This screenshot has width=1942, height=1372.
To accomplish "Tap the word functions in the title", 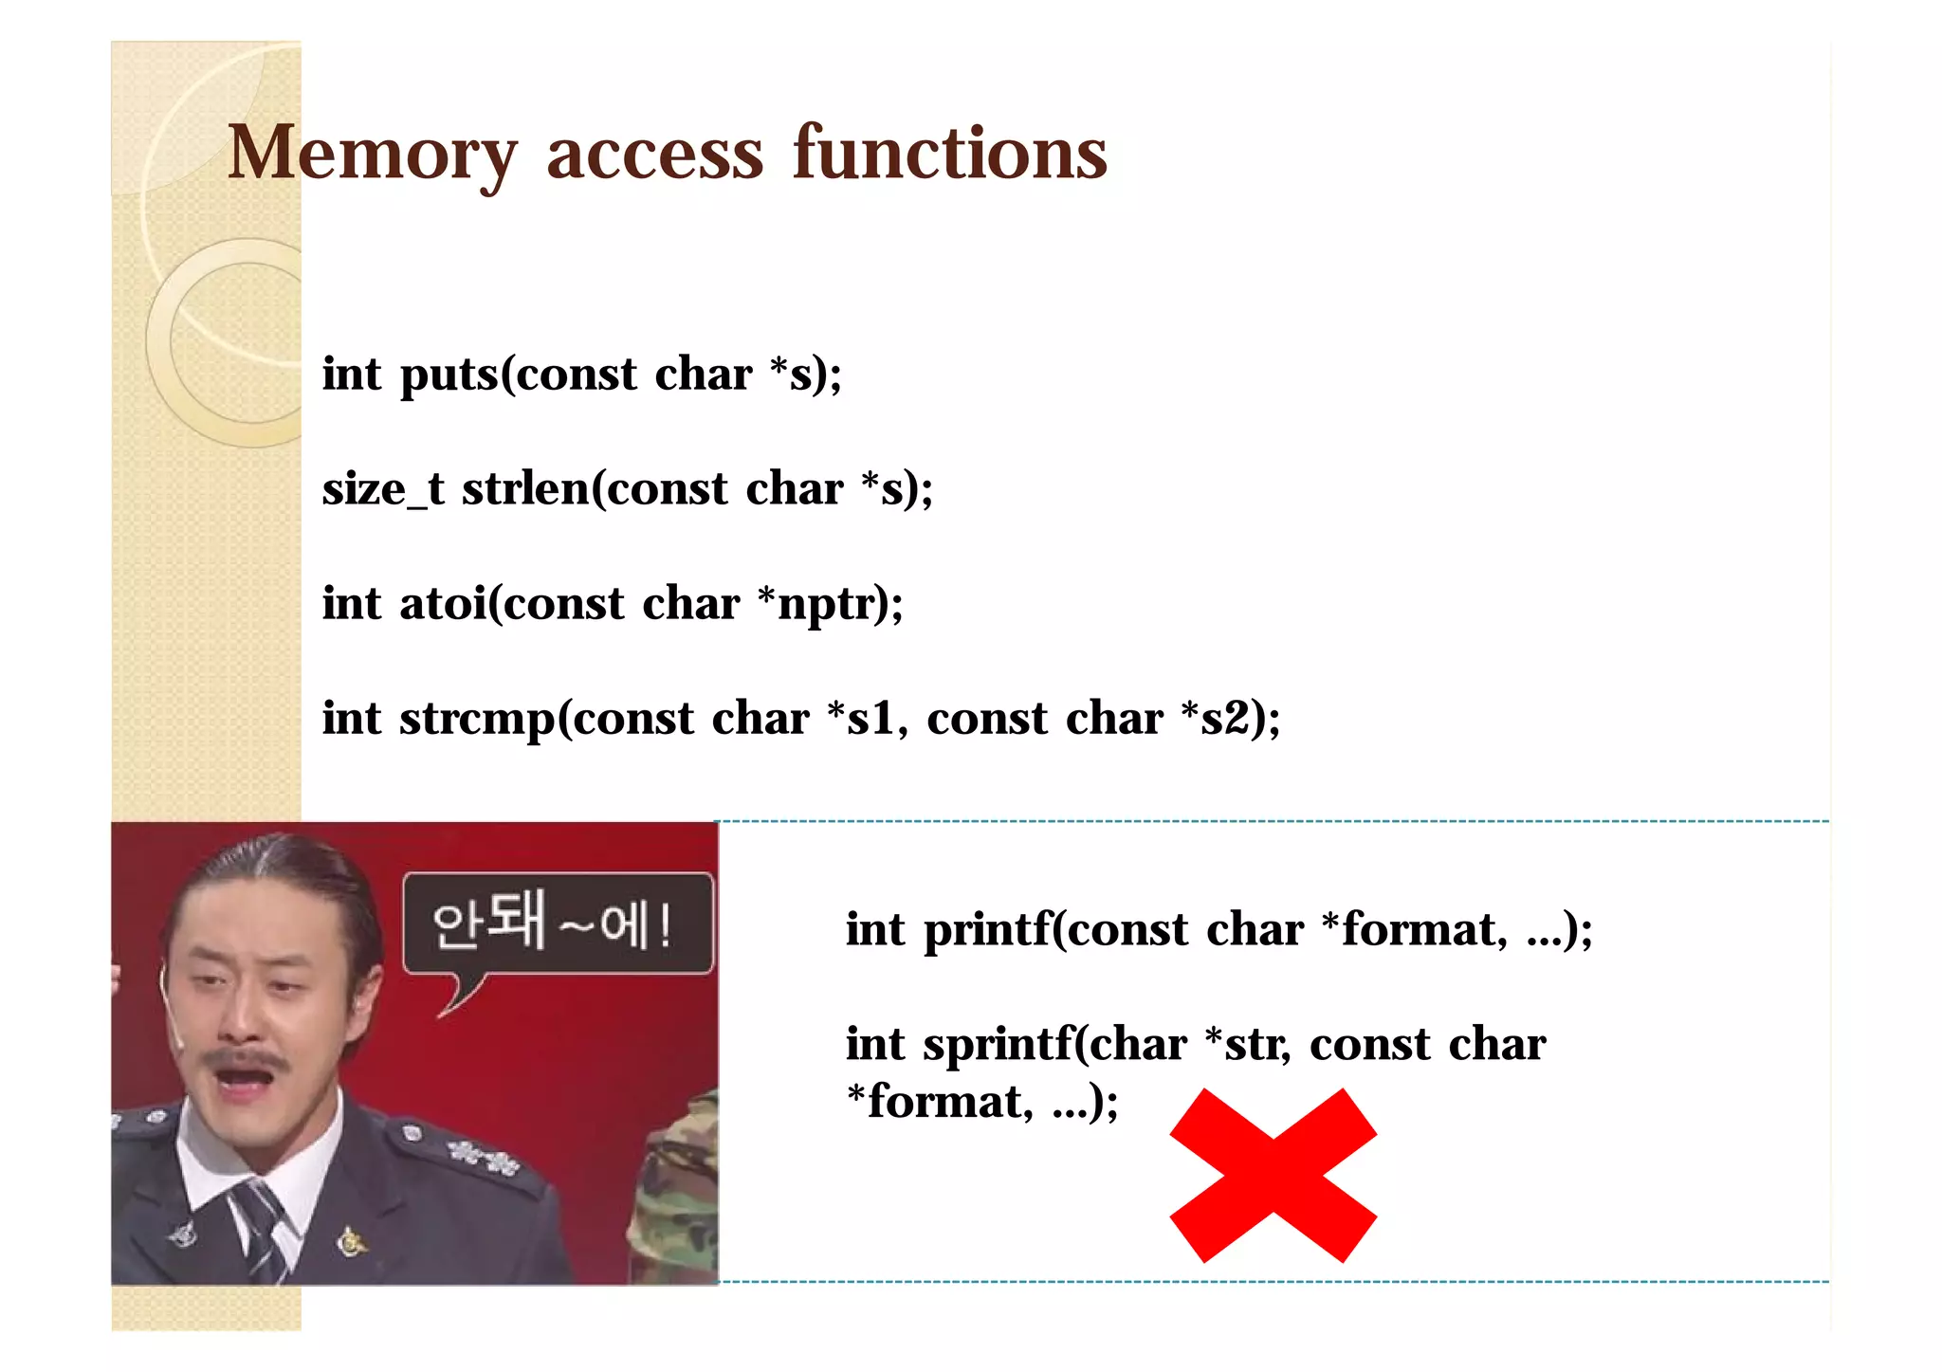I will pyautogui.click(x=950, y=154).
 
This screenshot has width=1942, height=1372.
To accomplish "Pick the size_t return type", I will pyautogui.click(x=382, y=490).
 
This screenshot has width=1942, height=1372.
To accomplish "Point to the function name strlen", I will pyautogui.click(x=525, y=490).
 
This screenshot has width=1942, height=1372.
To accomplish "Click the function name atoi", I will pyautogui.click(x=443, y=604).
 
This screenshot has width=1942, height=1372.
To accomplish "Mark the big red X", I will pyautogui.click(x=1273, y=1176).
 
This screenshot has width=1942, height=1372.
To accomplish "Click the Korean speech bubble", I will pyautogui.click(x=558, y=924).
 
